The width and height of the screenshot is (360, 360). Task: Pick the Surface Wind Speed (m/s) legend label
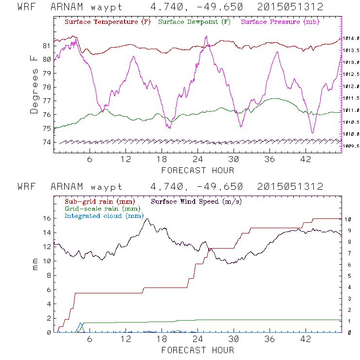coord(197,201)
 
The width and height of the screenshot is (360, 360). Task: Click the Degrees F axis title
coord(34,84)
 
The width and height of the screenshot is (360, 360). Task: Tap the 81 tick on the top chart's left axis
coord(47,46)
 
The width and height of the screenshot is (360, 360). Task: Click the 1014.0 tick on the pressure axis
coord(351,38)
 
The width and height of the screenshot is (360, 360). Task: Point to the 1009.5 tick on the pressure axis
coord(351,145)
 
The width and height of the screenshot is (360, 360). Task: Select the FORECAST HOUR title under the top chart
coord(198,170)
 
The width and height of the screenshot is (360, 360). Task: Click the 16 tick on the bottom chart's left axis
coord(47,218)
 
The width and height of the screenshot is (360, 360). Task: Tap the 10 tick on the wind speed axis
coord(349,219)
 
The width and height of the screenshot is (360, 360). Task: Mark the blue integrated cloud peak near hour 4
coord(80,323)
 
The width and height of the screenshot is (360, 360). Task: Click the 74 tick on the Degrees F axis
coord(47,142)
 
